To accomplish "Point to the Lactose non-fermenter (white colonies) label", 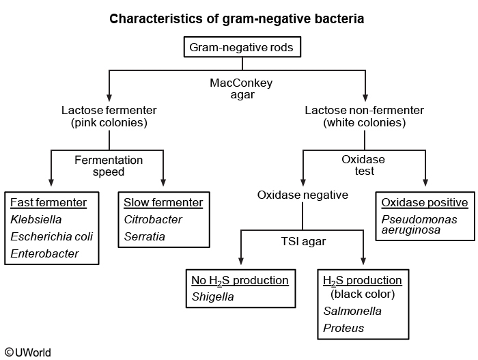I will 365,116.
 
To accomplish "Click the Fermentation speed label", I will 109,166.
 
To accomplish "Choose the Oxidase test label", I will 365,165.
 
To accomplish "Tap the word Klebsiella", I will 36,220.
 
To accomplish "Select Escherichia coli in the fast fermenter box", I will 52,237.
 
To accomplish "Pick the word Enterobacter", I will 44,254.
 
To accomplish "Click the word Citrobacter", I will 154,220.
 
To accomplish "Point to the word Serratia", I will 144,237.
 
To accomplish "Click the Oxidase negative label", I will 303,195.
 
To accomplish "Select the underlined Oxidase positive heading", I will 425,202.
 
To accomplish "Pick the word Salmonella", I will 352,311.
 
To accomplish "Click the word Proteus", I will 343,329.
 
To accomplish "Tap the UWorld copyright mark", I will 27,352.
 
